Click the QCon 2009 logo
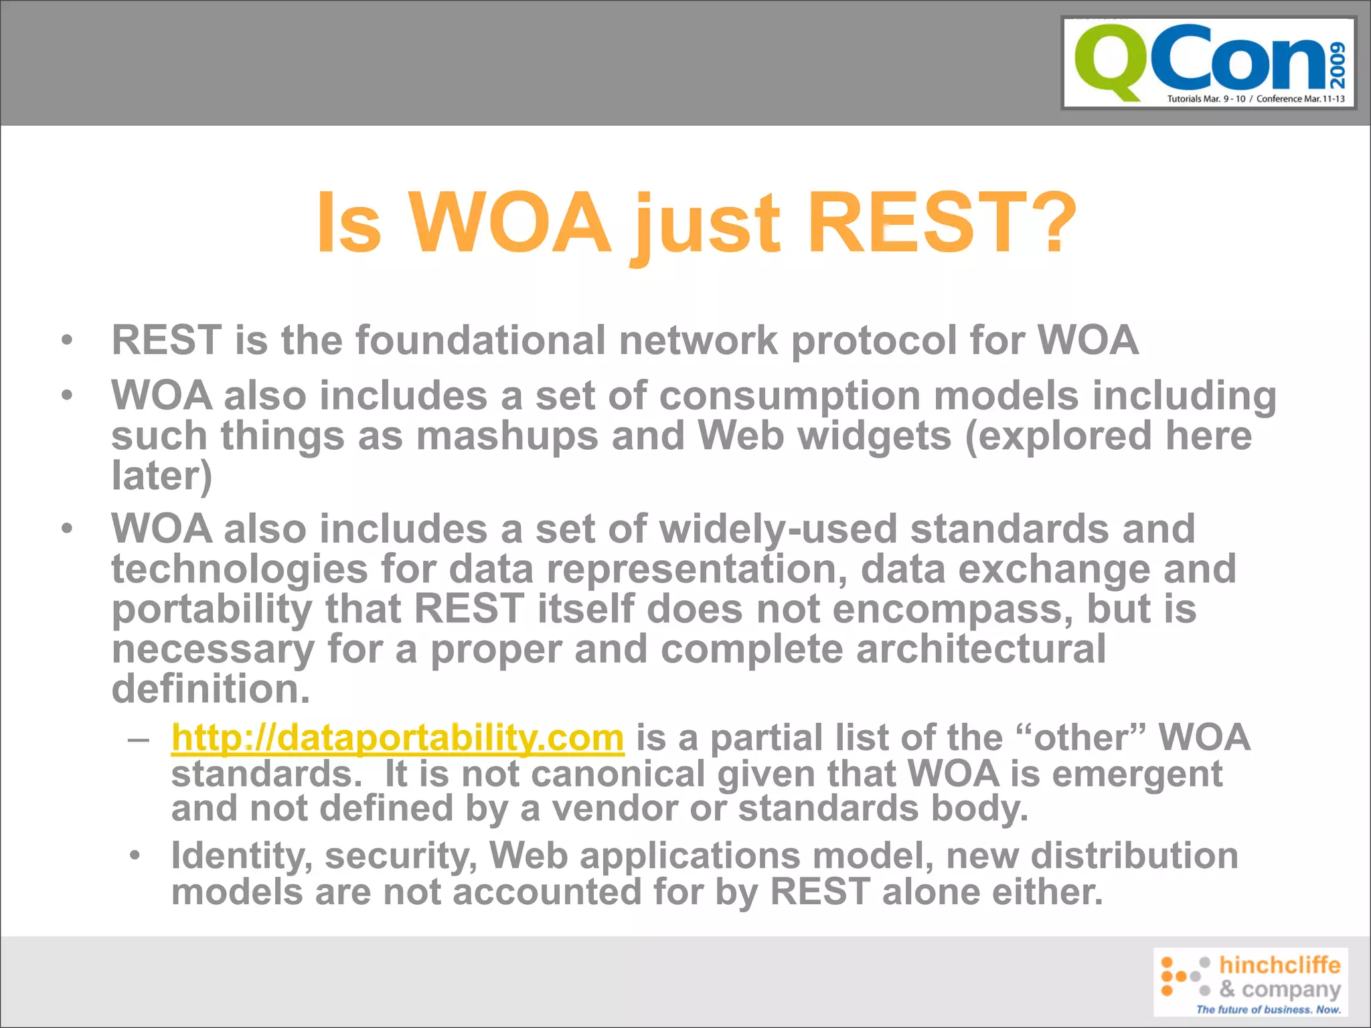1208,63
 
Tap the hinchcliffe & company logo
1250,981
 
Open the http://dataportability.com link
398,738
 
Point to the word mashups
507,436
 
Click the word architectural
981,649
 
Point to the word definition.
210,689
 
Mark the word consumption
790,396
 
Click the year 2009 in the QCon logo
1338,65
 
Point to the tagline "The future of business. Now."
1268,1009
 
